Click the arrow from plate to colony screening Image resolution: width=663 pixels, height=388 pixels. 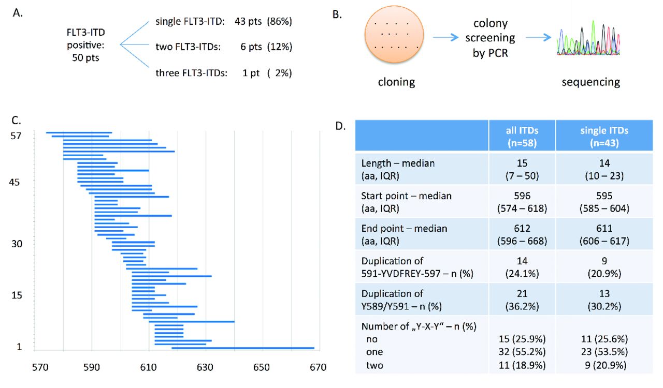tap(446, 38)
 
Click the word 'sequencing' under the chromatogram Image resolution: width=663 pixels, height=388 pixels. tap(590, 82)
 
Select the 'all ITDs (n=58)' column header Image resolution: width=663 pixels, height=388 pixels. tap(522, 136)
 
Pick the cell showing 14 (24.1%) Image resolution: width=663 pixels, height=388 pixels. tap(522, 266)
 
